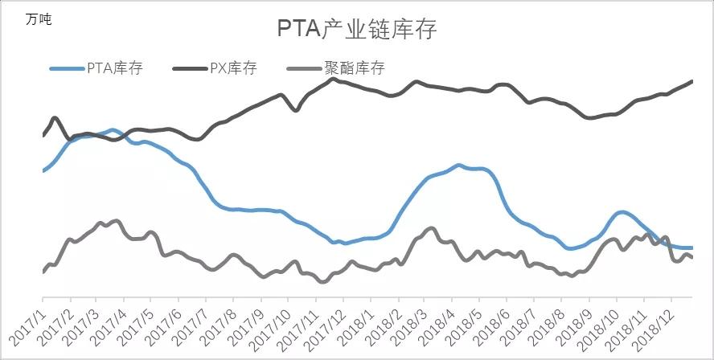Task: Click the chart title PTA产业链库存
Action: [356, 30]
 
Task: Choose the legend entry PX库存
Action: [233, 67]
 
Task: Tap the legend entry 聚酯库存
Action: [355, 67]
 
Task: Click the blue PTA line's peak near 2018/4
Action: [458, 165]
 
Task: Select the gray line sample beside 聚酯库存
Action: [306, 67]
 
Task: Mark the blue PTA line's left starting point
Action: [43, 170]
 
